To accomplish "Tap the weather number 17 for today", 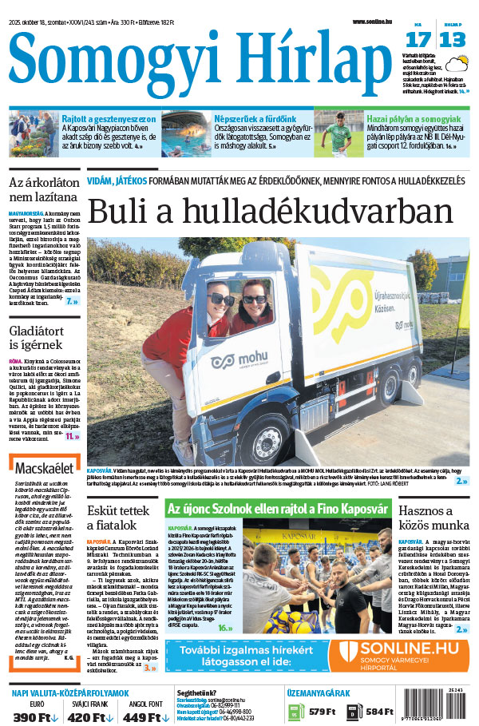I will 417,41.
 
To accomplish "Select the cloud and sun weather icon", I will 457,63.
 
